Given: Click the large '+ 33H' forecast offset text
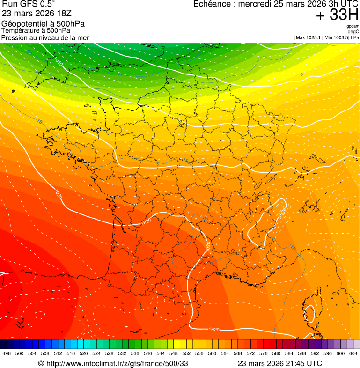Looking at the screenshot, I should click(x=337, y=15).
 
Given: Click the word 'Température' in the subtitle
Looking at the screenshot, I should click(x=20, y=30).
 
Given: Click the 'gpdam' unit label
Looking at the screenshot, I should click(x=353, y=26).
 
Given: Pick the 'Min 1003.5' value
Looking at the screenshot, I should click(x=337, y=37).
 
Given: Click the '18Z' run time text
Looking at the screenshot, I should click(x=64, y=13).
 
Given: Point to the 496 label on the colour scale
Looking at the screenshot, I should click(x=7, y=353).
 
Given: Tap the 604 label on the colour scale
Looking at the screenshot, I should click(x=353, y=353).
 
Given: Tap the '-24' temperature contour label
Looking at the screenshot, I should click(x=30, y=52).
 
